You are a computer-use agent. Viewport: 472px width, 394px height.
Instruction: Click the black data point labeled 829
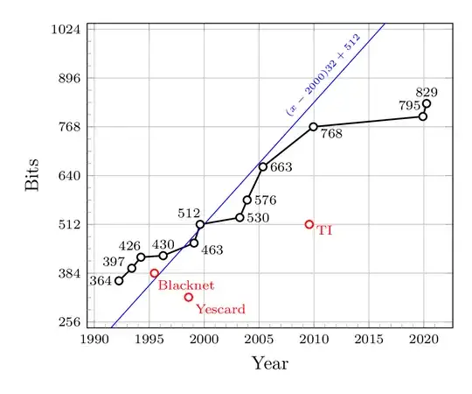pos(427,104)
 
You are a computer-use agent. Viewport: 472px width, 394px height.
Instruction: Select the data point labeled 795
pos(423,116)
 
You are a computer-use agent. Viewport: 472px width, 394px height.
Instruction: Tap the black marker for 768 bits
pos(313,127)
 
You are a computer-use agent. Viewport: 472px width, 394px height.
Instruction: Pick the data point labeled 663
pos(262,166)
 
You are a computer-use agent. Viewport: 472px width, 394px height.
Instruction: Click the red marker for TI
pos(309,224)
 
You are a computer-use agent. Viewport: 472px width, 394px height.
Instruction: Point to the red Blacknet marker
pos(155,273)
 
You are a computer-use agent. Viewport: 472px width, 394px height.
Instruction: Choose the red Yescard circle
pos(188,298)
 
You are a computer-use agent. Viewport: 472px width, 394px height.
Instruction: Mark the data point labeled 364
pos(119,280)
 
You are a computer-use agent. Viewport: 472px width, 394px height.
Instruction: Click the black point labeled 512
pos(200,224)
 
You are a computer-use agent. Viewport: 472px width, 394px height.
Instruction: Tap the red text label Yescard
pos(220,309)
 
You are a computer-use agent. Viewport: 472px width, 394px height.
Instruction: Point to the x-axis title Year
pos(270,362)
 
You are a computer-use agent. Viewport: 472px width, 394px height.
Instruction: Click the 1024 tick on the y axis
pos(66,29)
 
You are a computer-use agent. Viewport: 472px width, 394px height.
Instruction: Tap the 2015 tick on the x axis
pos(369,339)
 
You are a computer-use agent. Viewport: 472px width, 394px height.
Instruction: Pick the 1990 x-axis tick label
pos(94,339)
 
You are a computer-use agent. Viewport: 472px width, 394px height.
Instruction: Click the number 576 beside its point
pos(266,201)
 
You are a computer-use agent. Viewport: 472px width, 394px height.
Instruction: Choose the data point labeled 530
pos(239,217)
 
